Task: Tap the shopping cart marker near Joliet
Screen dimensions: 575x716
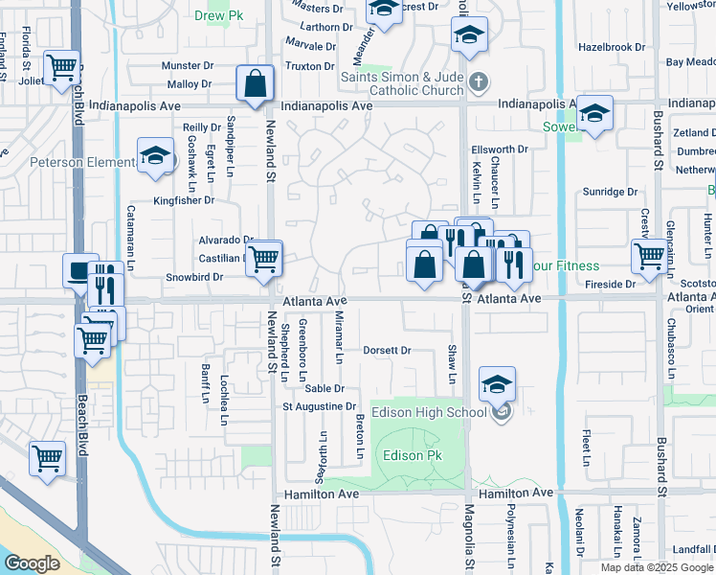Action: [x=62, y=68]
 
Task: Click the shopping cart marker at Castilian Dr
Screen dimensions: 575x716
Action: [x=263, y=258]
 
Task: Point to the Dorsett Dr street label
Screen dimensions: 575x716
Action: [x=387, y=351]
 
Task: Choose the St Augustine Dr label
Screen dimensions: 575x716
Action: [x=319, y=407]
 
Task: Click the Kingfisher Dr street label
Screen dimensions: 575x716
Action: [x=185, y=201]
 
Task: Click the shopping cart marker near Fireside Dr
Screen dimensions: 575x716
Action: [x=649, y=257]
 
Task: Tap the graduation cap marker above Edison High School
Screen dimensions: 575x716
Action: [x=497, y=384]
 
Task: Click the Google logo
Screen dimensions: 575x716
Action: [x=32, y=563]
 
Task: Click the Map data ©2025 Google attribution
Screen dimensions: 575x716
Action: [x=656, y=567]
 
